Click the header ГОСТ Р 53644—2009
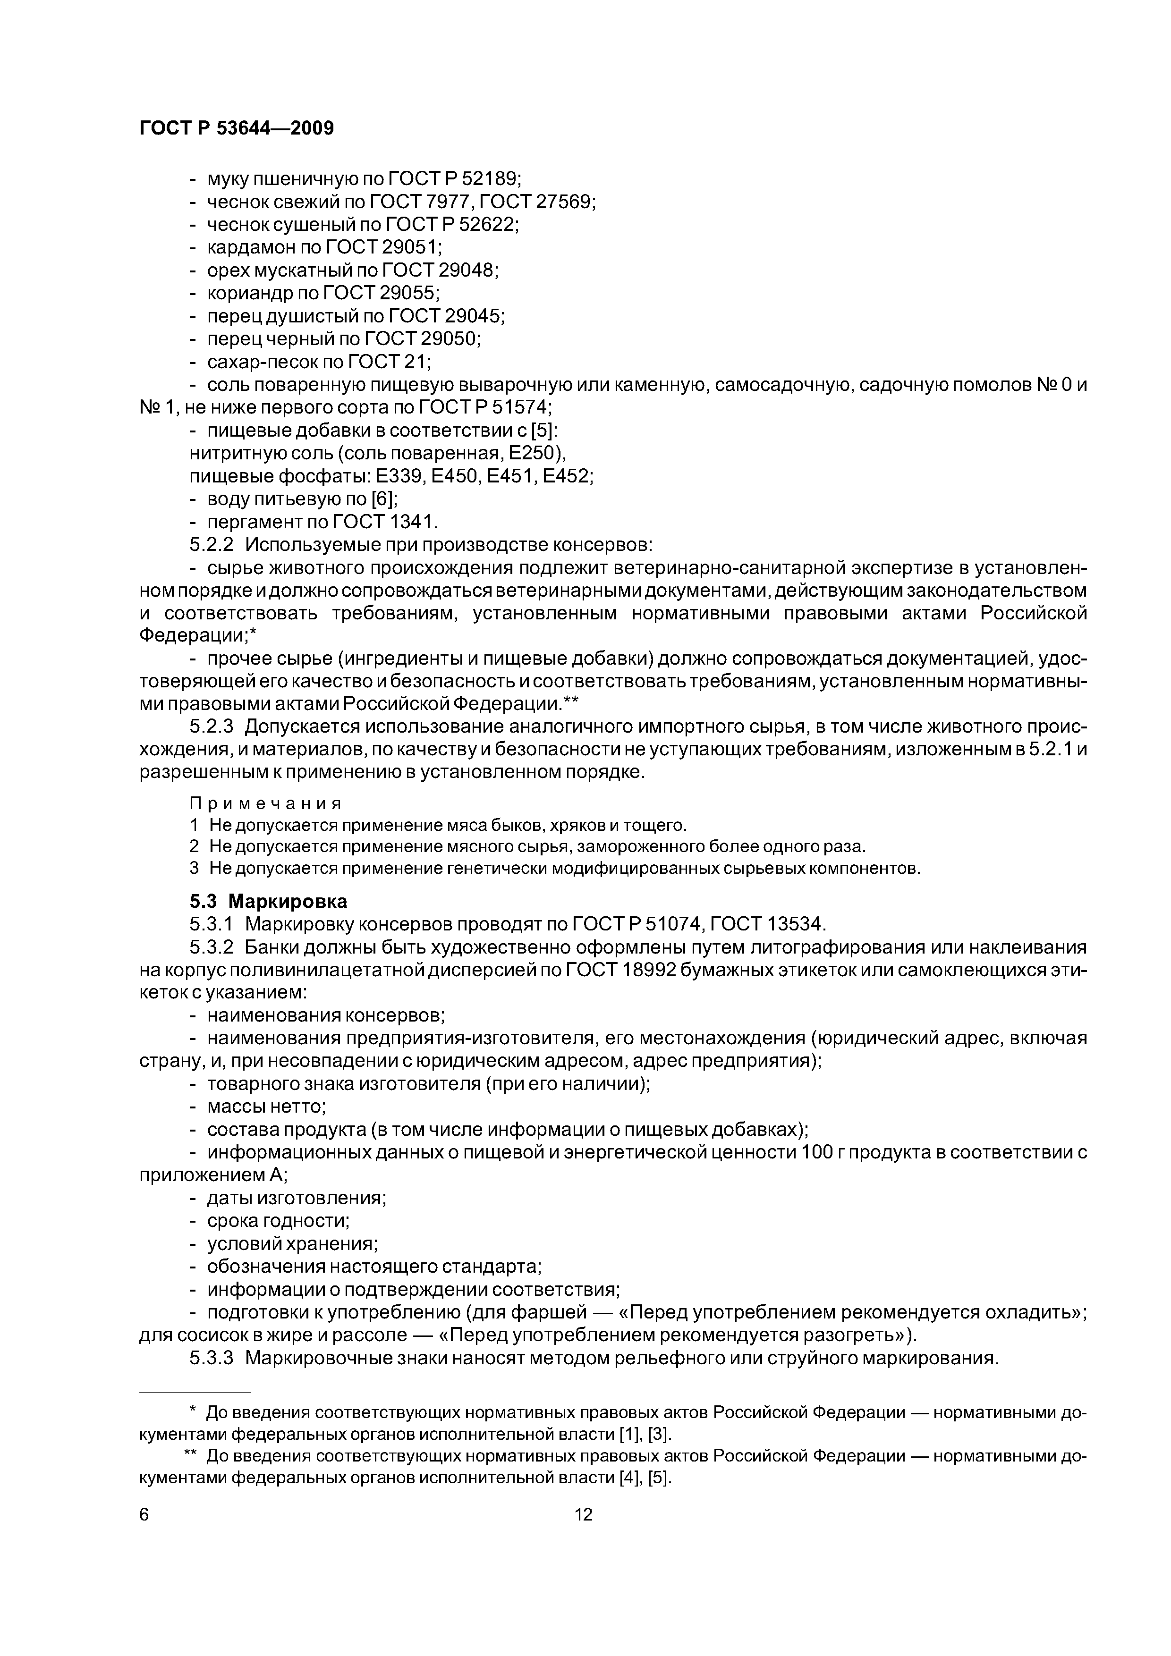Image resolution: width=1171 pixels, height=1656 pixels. pos(236,128)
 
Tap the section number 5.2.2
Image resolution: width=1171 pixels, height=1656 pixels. pos(212,545)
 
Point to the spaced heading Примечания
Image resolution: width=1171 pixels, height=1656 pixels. pos(265,803)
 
